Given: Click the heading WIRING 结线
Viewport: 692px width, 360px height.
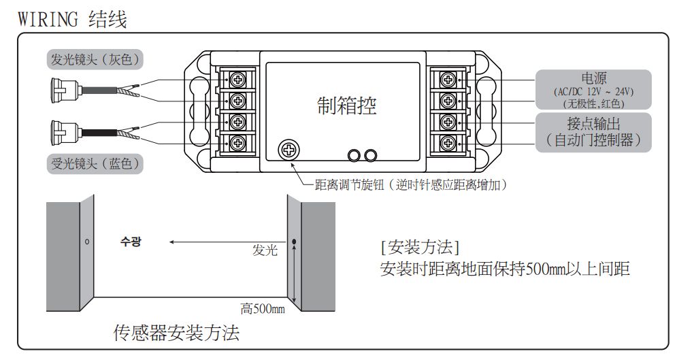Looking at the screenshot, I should pyautogui.click(x=72, y=19).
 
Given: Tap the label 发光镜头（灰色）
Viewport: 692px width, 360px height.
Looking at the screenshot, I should pyautogui.click(x=96, y=59).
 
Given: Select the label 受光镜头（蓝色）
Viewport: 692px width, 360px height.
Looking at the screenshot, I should pyautogui.click(x=96, y=163).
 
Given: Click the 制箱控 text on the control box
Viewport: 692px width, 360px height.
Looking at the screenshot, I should pyautogui.click(x=346, y=105).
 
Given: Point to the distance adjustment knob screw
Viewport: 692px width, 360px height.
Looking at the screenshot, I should pyautogui.click(x=289, y=148).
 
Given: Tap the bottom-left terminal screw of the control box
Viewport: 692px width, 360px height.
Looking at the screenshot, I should pyautogui.click(x=238, y=142).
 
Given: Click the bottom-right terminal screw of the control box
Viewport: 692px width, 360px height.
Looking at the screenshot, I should pyautogui.click(x=448, y=142).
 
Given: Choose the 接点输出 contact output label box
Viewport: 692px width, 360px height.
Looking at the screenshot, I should pyautogui.click(x=593, y=132).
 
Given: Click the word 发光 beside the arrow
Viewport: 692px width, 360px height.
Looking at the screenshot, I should pyautogui.click(x=265, y=250).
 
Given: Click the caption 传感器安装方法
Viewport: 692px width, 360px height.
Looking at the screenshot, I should pyautogui.click(x=176, y=333).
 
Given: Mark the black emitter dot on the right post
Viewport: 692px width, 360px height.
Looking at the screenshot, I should pyautogui.click(x=294, y=242).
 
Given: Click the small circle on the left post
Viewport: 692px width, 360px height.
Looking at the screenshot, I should pyautogui.click(x=87, y=242).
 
